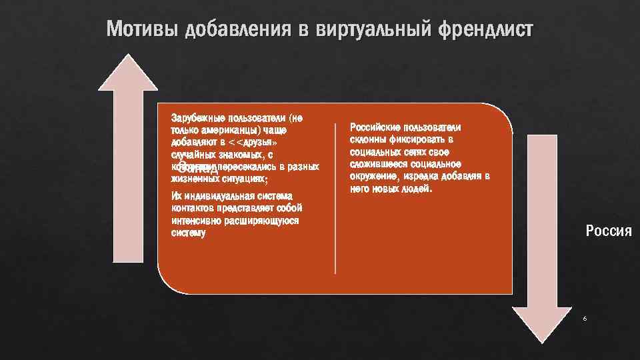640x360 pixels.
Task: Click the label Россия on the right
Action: pyautogui.click(x=608, y=231)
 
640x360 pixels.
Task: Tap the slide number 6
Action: pyautogui.click(x=585, y=319)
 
